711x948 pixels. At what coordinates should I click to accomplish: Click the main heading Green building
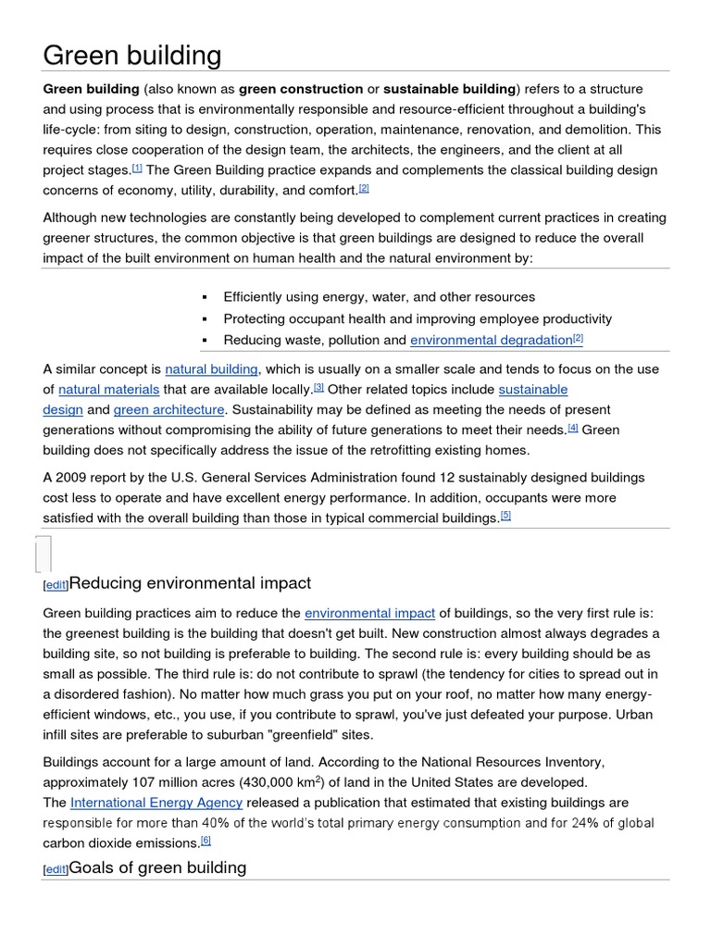(x=132, y=56)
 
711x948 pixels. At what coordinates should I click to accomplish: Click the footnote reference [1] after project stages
(x=137, y=168)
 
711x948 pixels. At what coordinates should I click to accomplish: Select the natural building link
(x=212, y=368)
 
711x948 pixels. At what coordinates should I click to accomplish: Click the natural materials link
(x=109, y=389)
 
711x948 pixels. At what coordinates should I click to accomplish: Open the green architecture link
(x=168, y=409)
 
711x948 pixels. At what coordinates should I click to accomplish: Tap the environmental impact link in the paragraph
(x=369, y=613)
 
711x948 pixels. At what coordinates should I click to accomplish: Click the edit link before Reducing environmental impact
(x=56, y=585)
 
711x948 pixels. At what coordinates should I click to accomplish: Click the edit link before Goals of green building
(x=56, y=870)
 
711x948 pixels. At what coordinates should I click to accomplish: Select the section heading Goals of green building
(x=157, y=867)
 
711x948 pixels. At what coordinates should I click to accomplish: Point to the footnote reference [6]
(x=206, y=841)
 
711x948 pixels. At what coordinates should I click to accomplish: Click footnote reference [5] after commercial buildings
(x=505, y=516)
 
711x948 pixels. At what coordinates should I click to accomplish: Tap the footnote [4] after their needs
(x=573, y=428)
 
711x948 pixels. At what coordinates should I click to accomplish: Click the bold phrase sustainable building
(x=449, y=89)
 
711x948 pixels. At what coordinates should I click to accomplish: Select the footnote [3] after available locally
(x=318, y=387)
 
